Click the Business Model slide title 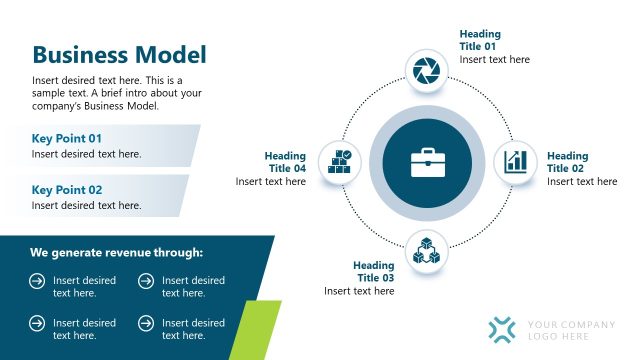coord(119,55)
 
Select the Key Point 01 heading coord(67,138)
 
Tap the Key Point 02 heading coord(67,189)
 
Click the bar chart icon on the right coord(516,161)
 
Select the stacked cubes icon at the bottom coord(426,250)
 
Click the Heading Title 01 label coord(480,40)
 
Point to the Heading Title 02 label coord(567,162)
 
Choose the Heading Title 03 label coord(374,271)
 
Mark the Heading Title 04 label coord(285,162)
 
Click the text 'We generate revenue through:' coord(116,253)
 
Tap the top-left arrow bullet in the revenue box coord(37,282)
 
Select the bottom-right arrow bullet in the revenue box coord(146,323)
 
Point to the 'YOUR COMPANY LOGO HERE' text coord(571,330)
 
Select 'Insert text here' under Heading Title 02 coord(581,182)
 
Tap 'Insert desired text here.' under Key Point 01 coord(86,154)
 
